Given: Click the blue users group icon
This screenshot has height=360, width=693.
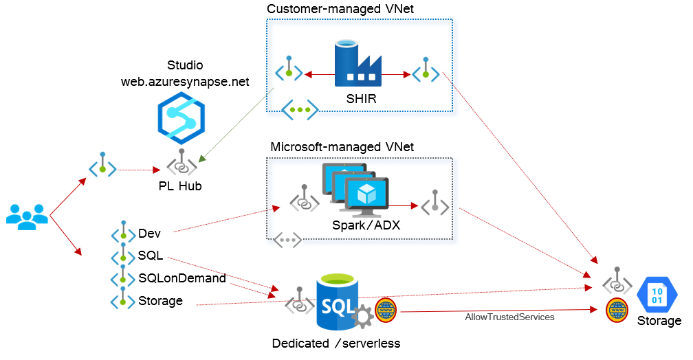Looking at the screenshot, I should (x=27, y=217).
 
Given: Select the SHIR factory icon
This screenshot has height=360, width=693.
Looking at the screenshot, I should (x=357, y=63).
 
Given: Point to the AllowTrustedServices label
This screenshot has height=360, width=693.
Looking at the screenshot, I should (x=509, y=317).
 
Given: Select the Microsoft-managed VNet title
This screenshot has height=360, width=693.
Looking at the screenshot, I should (x=342, y=147).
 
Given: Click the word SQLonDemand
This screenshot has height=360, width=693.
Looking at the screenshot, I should (x=181, y=278).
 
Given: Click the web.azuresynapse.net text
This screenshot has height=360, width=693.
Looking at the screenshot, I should (x=185, y=82).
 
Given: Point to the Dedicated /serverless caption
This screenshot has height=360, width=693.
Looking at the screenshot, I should (x=336, y=344).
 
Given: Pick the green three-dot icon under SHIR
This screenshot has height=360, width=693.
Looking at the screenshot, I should (x=300, y=109).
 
